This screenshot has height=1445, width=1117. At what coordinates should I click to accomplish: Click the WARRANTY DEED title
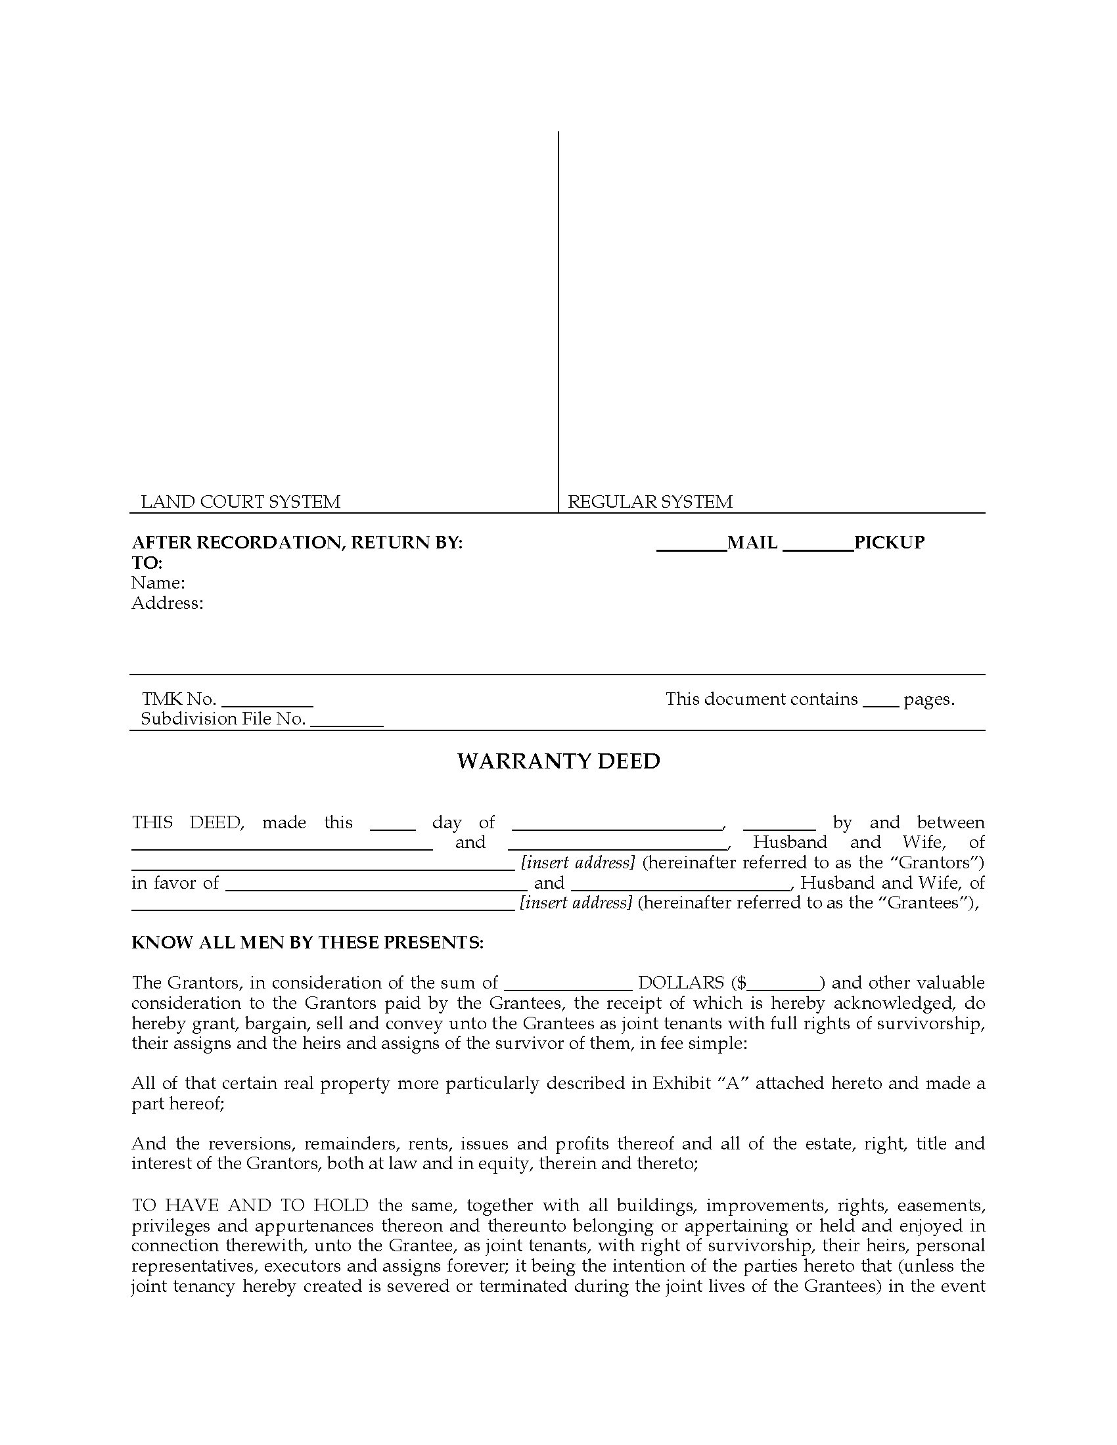coord(558,761)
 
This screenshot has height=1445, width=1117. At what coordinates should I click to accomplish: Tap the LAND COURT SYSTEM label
coord(240,502)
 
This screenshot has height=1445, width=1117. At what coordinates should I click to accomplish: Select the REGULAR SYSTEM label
coord(650,502)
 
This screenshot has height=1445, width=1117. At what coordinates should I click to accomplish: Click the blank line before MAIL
coord(691,548)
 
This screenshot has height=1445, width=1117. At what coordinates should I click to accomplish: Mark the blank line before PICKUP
coord(818,548)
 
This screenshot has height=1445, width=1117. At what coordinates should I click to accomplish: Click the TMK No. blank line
coord(267,705)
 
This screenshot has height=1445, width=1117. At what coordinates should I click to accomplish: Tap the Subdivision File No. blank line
coord(347,725)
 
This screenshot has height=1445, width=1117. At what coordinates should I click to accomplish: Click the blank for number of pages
coord(880,705)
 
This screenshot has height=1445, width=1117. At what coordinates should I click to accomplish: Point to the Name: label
coord(158,583)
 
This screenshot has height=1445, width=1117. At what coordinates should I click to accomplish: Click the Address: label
coord(168,603)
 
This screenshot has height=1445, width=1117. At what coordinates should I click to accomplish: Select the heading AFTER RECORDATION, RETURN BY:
coord(297,543)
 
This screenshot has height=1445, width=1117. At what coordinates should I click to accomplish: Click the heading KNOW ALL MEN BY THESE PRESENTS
coord(307,942)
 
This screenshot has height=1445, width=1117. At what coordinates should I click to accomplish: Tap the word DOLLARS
coord(681,983)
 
